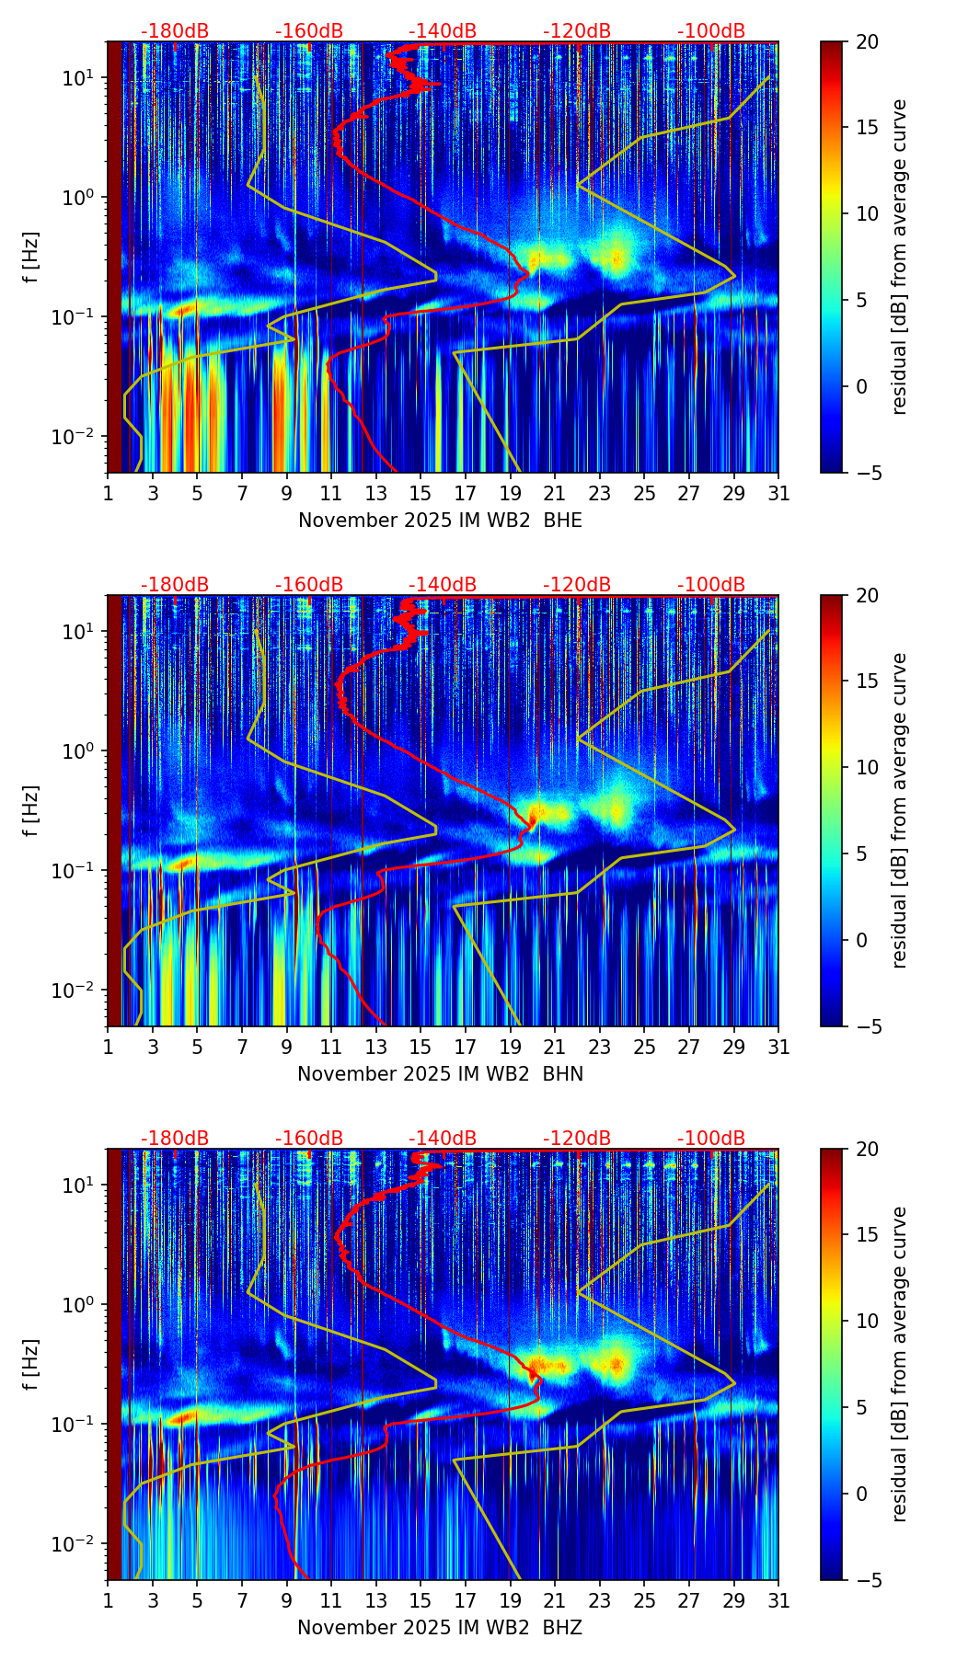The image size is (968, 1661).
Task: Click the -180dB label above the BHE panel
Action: (175, 31)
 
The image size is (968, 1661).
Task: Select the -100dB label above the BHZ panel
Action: (711, 1139)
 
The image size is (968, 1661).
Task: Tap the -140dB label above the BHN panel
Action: (443, 585)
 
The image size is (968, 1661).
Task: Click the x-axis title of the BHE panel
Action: (440, 521)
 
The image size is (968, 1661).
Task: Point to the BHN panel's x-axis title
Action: (440, 1074)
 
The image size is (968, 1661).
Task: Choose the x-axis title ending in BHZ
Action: (440, 1628)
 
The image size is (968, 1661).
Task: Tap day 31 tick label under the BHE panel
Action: (778, 494)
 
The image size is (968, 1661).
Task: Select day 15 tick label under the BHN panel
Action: (421, 1048)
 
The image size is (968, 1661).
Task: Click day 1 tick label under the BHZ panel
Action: (108, 1601)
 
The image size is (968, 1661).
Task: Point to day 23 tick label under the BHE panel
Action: (599, 494)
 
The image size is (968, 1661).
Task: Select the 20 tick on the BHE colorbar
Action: (868, 41)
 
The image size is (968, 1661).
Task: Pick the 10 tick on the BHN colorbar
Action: (868, 767)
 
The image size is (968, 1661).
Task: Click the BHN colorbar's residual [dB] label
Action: (900, 810)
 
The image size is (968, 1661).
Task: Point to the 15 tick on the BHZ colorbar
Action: (868, 1235)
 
